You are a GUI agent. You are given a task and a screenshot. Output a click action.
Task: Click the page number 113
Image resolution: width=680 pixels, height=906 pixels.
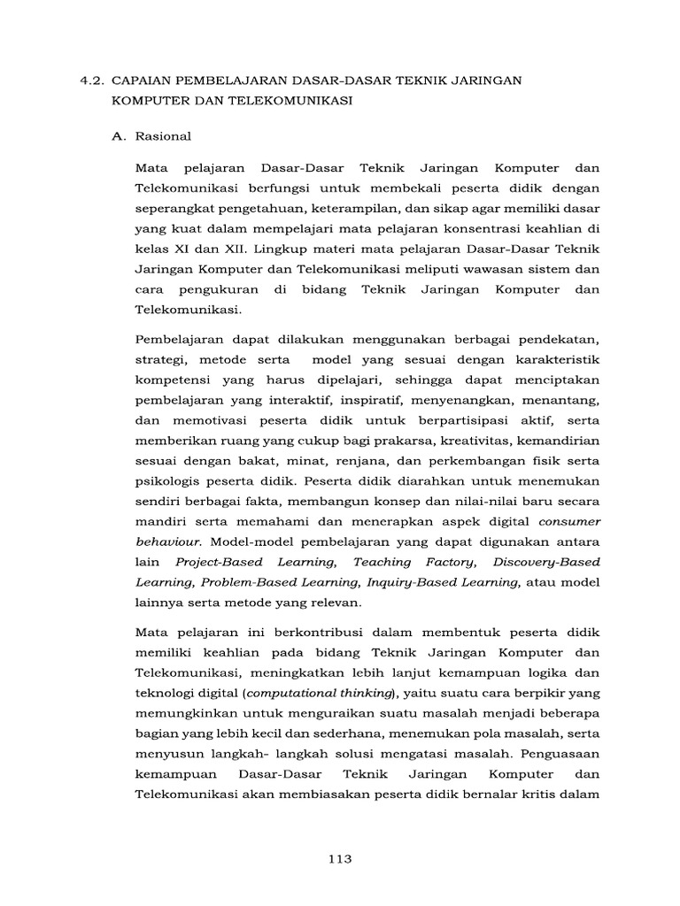(x=339, y=858)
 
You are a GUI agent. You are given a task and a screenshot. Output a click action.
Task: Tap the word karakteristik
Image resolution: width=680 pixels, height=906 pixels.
(x=554, y=361)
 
